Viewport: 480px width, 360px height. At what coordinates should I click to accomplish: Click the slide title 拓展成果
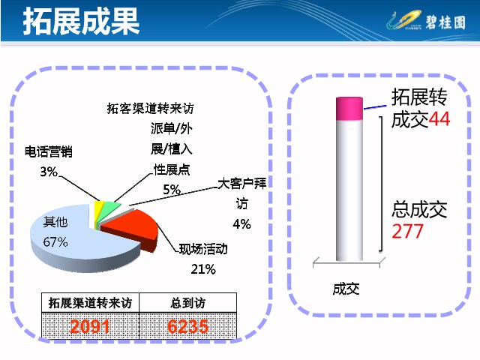coord(82,21)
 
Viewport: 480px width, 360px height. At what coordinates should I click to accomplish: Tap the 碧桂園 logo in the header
coord(426,21)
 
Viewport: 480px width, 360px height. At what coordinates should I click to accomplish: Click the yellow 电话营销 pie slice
coord(98,211)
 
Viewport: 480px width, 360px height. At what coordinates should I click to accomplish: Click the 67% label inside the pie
coord(55,242)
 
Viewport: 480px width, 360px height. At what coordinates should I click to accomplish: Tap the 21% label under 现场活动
coord(203,269)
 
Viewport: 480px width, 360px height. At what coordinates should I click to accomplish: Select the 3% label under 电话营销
coord(49,172)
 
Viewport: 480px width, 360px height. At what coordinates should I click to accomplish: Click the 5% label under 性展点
coord(172,190)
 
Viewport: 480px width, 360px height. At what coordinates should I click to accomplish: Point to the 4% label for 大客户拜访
coord(241,224)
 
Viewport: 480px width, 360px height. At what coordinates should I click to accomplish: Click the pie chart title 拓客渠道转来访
coord(150,108)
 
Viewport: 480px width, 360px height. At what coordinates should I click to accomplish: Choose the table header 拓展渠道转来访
coord(90,303)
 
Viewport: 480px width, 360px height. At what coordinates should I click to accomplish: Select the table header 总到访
coord(188,303)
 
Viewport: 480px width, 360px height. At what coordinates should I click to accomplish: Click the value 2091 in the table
coord(90,326)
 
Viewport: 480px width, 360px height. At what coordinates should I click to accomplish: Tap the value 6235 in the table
coord(188,326)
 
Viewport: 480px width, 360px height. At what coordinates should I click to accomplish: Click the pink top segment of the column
coord(349,109)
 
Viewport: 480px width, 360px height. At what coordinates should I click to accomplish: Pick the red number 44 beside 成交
coord(439,119)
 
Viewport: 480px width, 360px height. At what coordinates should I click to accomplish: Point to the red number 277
coord(407,232)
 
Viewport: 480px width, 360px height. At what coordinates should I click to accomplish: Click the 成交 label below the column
coord(346,289)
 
